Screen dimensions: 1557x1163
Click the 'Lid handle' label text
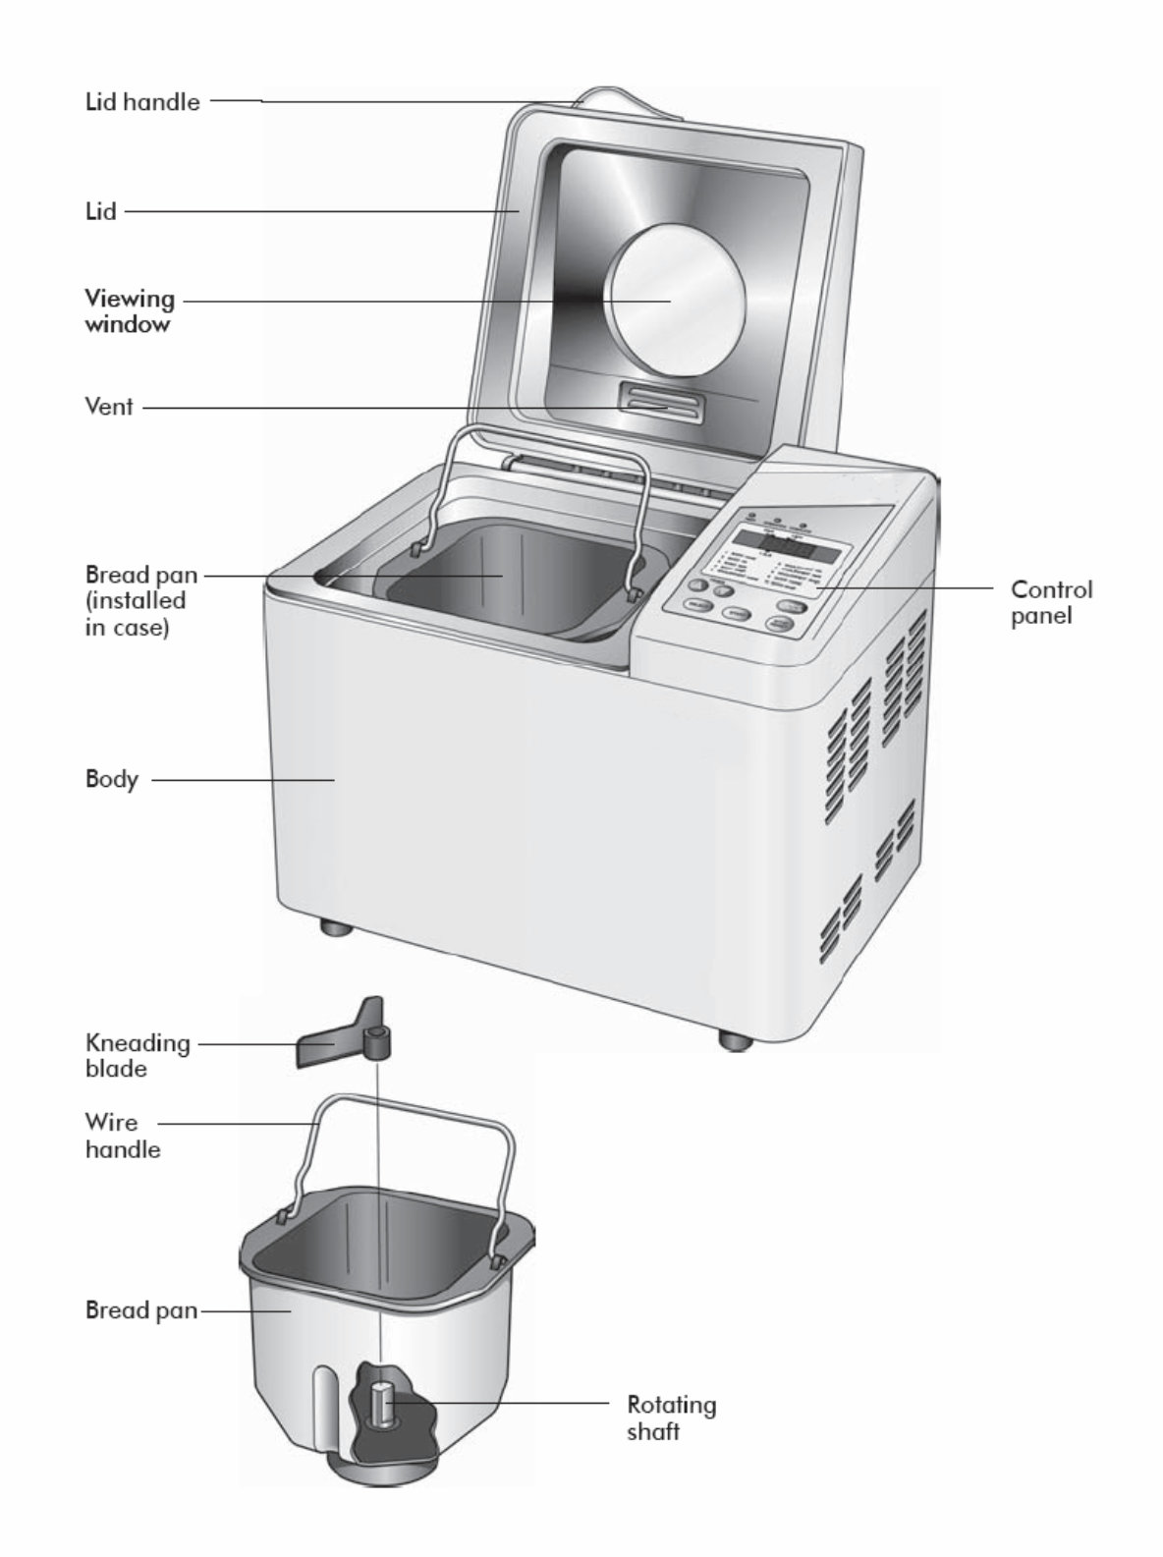tap(141, 102)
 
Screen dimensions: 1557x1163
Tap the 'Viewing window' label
tap(129, 310)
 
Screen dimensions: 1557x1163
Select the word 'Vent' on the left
tap(108, 406)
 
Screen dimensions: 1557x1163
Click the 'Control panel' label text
tap(1051, 602)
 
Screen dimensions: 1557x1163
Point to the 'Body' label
tap(111, 780)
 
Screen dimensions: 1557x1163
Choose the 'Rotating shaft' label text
tap(671, 1418)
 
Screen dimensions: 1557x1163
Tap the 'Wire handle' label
tap(122, 1136)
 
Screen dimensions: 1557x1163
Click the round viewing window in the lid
tap(674, 301)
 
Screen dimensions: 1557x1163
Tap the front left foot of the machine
tap(335, 926)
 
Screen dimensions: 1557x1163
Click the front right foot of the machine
tap(734, 1038)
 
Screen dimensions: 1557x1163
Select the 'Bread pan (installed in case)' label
tap(139, 600)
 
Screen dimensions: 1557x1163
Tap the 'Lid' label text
tap(100, 211)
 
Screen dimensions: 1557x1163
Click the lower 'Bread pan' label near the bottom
tap(140, 1310)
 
